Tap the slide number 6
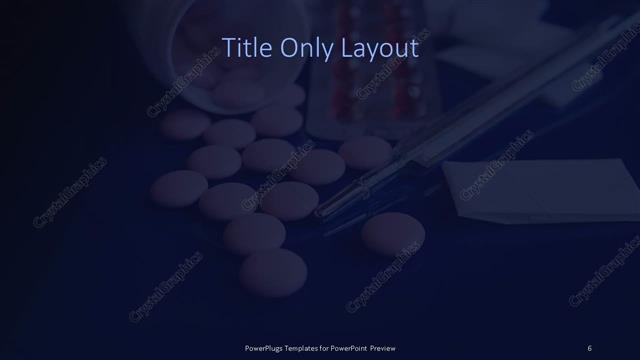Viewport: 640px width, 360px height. (x=590, y=347)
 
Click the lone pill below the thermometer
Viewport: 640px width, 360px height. (x=393, y=233)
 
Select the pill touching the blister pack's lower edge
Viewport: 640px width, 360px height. (x=365, y=151)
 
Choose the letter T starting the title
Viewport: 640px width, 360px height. (x=225, y=46)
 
